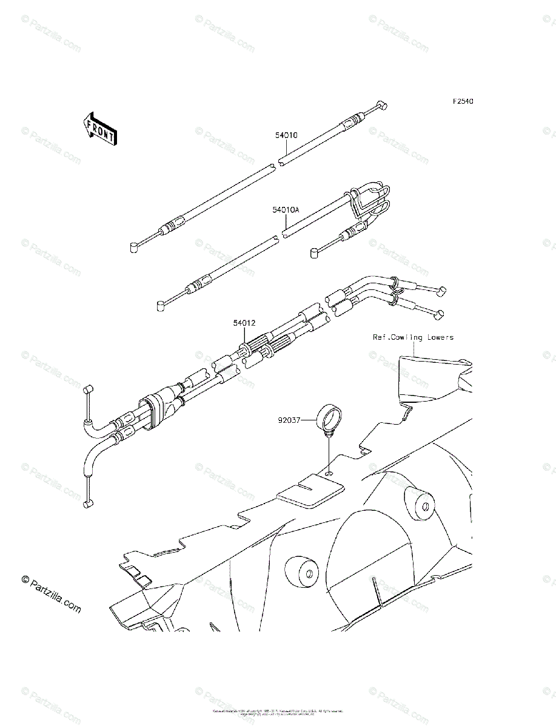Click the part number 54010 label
point(286,136)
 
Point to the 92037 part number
point(289,419)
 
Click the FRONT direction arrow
point(100,128)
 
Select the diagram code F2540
point(461,101)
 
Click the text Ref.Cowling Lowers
point(413,337)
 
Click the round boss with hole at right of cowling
point(419,503)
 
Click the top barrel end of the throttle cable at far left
point(87,388)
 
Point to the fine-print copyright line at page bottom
point(278,712)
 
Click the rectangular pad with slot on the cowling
point(310,489)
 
